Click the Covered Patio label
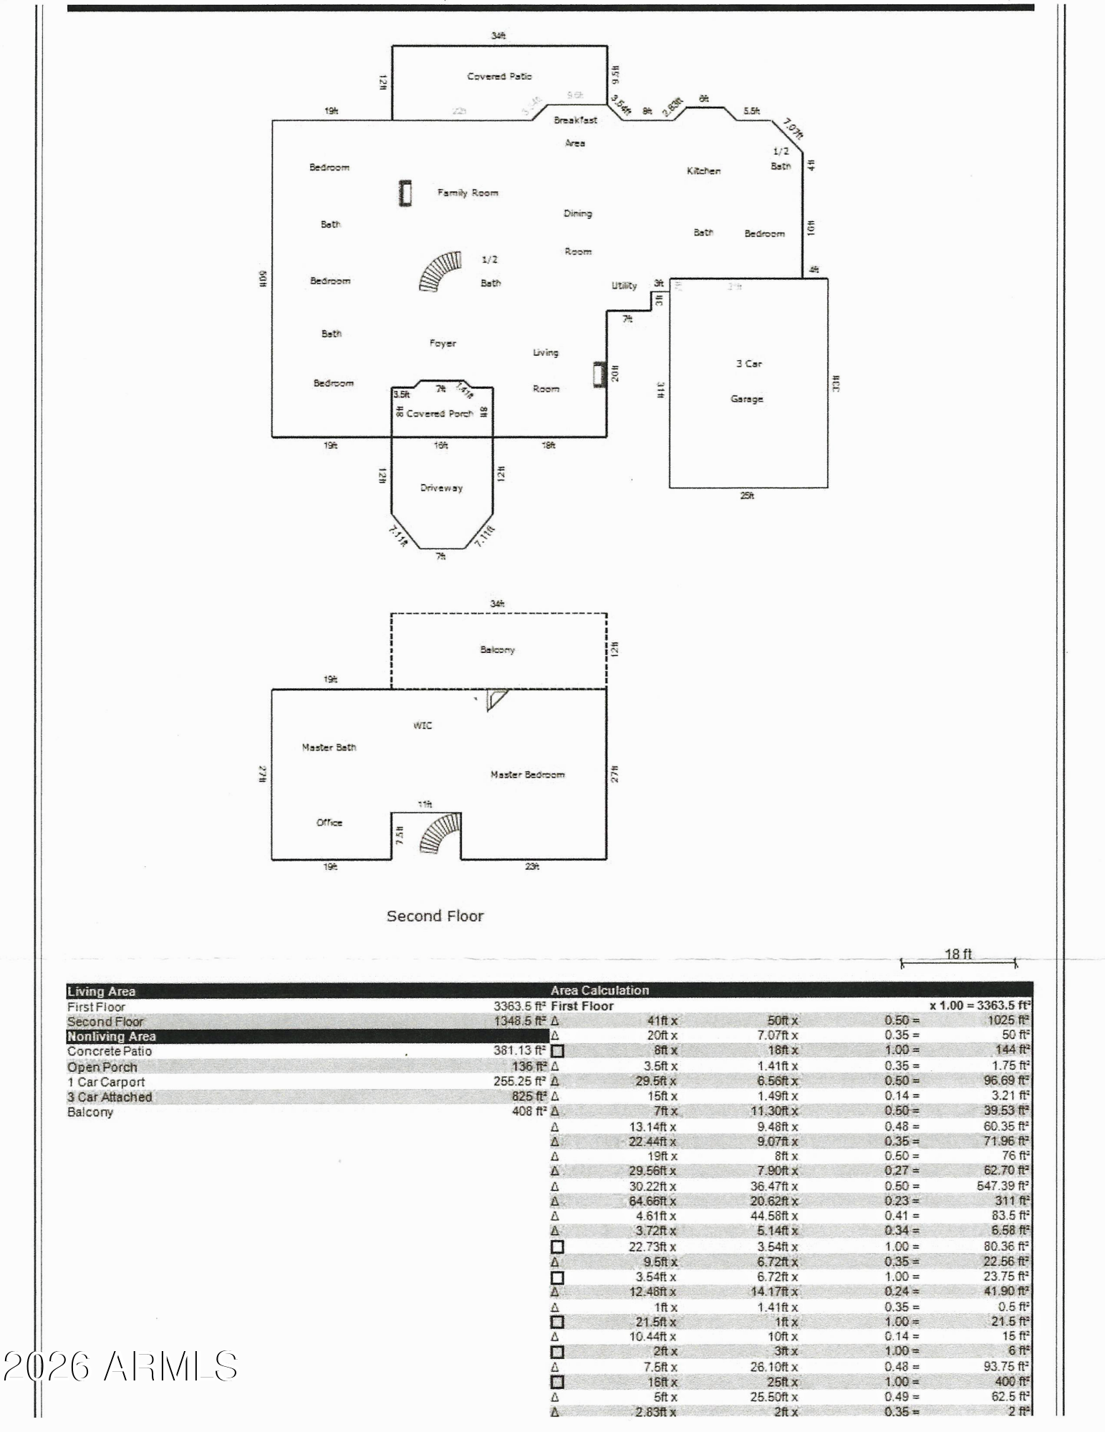(x=499, y=77)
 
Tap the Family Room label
(x=468, y=193)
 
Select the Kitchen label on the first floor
(x=703, y=171)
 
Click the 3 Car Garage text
(x=748, y=381)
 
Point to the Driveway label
(x=441, y=488)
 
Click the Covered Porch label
(x=440, y=414)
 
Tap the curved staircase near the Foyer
(x=440, y=271)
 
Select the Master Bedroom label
(x=527, y=775)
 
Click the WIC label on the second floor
(x=423, y=725)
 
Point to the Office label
(x=329, y=823)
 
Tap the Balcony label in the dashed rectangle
(x=497, y=650)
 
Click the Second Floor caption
(x=435, y=916)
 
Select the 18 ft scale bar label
(x=958, y=954)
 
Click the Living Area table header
(x=101, y=992)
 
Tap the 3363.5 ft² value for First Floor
(x=519, y=1007)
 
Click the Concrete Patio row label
(x=110, y=1051)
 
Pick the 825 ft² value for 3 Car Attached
(x=529, y=1097)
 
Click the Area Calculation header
(x=599, y=991)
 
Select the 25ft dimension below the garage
(x=747, y=495)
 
